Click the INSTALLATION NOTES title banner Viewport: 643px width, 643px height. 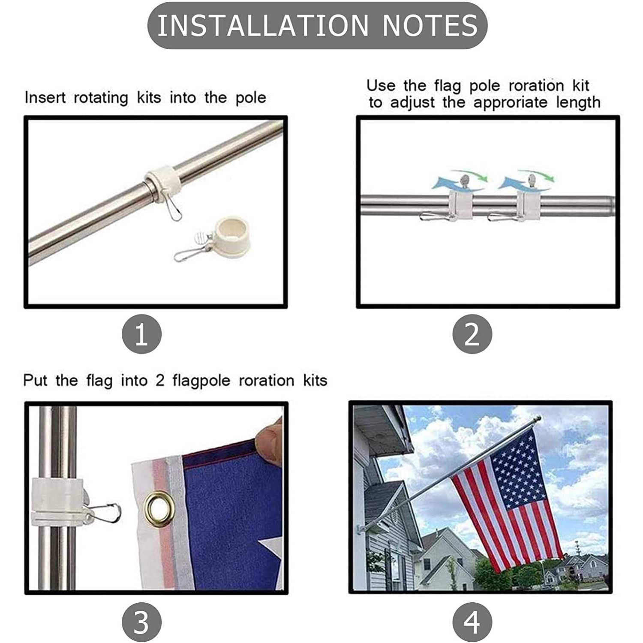pos(317,25)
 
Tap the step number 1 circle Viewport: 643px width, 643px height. pos(142,334)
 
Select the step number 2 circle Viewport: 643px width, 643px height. pos(472,334)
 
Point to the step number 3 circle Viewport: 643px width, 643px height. pos(142,622)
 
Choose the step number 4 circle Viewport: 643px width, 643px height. pos(472,622)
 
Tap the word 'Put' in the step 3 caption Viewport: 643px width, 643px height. pos(35,380)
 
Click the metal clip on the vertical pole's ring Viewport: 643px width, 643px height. pos(105,512)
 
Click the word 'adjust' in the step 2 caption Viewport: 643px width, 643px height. pos(412,103)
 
